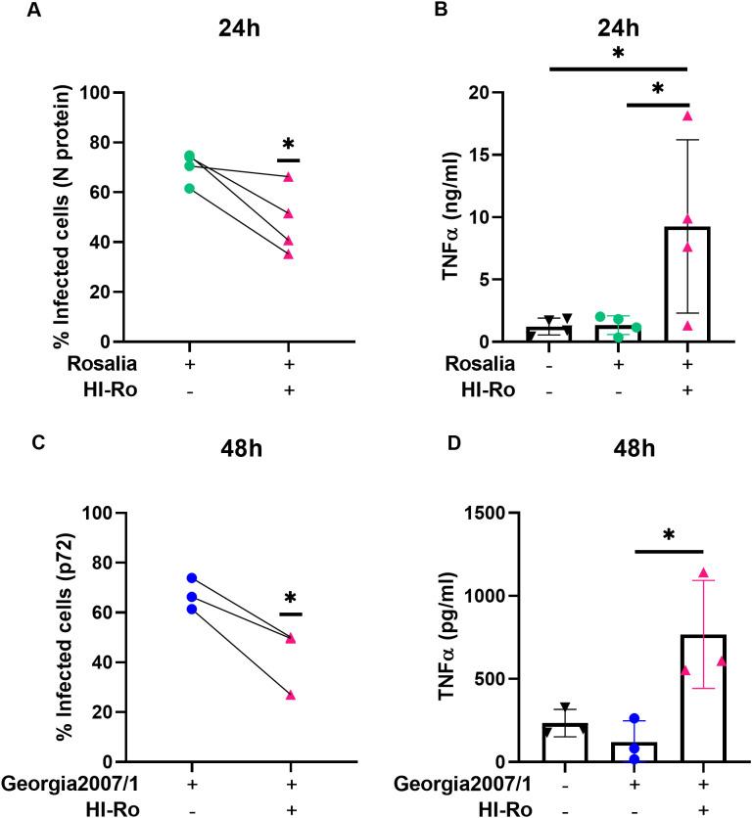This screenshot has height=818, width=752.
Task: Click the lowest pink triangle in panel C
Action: pos(290,695)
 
